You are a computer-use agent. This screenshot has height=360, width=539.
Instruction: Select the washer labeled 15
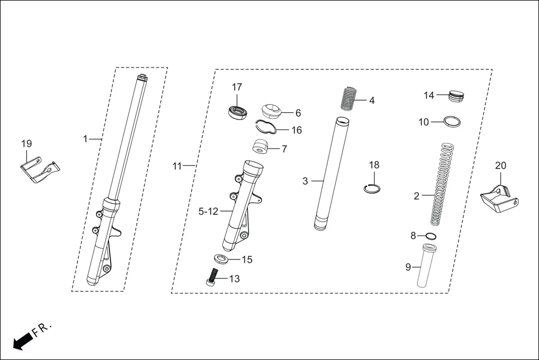pos(221,259)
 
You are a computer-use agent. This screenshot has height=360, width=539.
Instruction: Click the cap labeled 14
pos(457,96)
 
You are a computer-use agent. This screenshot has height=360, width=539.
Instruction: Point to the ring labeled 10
pos(452,121)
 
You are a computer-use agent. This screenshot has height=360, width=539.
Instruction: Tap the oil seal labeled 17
pos(238,111)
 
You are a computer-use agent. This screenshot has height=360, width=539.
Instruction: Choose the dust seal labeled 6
pos(273,111)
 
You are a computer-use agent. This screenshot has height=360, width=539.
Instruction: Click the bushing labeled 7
pos(261,148)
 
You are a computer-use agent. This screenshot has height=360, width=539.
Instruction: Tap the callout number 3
pos(305,181)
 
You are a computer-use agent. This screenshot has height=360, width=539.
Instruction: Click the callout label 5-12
pos(208,211)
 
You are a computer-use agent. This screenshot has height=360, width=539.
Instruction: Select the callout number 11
pos(177,166)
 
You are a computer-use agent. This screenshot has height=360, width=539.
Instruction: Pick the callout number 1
pos(85,138)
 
